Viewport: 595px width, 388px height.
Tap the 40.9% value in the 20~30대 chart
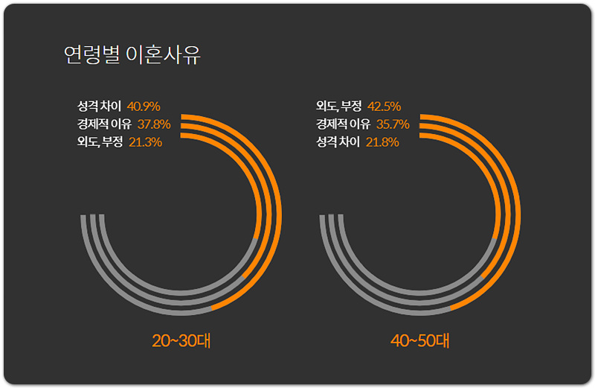(x=144, y=106)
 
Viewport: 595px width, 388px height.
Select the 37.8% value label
(x=154, y=124)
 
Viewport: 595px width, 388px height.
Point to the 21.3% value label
(x=145, y=141)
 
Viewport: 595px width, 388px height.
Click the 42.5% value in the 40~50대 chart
(x=384, y=106)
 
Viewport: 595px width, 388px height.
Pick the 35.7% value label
(x=393, y=124)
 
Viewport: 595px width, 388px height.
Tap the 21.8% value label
(x=382, y=141)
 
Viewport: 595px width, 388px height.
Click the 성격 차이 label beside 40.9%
(x=99, y=106)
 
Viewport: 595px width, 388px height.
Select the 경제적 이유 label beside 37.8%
(x=104, y=124)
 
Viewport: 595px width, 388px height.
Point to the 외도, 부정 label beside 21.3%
(x=100, y=141)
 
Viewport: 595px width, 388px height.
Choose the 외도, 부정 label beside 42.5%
(x=339, y=106)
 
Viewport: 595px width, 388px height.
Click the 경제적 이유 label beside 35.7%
(x=344, y=124)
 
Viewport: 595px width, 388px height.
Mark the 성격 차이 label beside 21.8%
(x=338, y=141)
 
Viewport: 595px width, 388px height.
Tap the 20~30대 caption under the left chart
(x=181, y=341)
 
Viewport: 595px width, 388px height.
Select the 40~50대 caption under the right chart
(x=420, y=341)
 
